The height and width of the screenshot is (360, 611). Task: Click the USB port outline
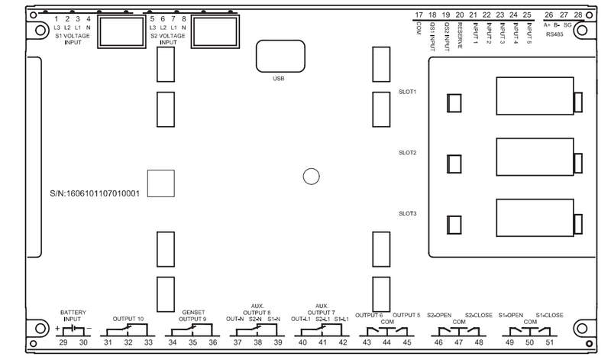280,41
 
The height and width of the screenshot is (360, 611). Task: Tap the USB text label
279,79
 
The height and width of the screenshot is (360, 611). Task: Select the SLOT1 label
408,92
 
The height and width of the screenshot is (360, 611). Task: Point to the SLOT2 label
408,153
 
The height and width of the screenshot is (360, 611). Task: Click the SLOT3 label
408,214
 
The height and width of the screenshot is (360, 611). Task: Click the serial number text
95,193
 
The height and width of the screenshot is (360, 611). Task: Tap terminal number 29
63,342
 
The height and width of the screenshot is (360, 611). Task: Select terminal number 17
419,15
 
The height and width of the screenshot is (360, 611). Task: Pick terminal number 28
578,15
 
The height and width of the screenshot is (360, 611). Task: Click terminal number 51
549,342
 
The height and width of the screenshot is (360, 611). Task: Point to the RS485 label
554,34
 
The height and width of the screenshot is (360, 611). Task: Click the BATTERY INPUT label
73,316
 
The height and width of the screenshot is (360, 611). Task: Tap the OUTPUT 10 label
128,319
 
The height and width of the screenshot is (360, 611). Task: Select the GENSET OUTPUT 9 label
193,316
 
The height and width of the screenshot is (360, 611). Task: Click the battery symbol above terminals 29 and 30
73,329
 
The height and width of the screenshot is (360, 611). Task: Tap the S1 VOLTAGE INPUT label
73,39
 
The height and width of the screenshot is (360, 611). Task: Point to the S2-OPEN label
439,315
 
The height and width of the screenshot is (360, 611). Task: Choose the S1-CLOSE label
549,315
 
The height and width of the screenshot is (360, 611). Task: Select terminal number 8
184,18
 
